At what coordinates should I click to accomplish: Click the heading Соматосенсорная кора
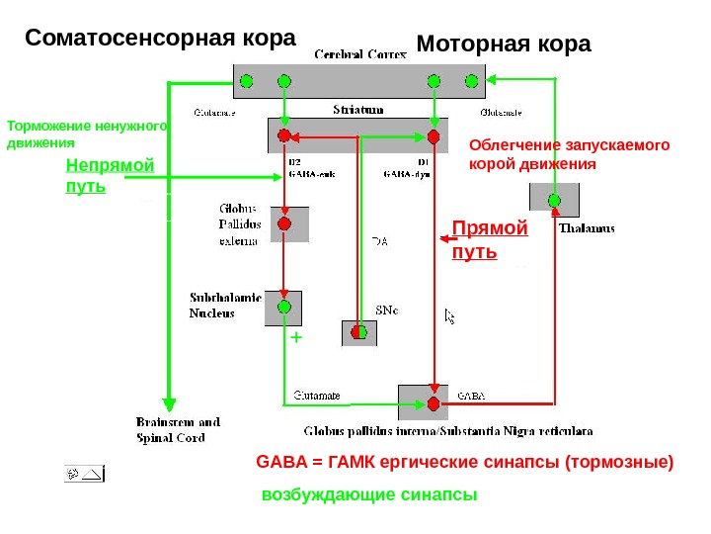tap(160, 39)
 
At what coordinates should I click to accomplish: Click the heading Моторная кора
tap(504, 44)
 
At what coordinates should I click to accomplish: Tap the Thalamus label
tap(587, 228)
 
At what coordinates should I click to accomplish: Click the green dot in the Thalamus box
tap(554, 201)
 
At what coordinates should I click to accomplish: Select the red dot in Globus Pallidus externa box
tap(284, 224)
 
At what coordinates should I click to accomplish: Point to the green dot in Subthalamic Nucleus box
tap(284, 308)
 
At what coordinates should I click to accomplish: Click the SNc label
tap(387, 310)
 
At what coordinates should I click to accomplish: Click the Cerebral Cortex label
tap(359, 55)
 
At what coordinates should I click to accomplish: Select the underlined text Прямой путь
tap(489, 240)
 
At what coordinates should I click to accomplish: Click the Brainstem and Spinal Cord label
tap(178, 430)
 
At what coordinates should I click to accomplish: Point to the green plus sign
tap(294, 338)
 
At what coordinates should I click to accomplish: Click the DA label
tap(380, 240)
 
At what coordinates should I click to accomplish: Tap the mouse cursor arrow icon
tap(450, 315)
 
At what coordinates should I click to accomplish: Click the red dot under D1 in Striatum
tap(433, 135)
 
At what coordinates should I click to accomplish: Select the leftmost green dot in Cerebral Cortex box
tap(247, 80)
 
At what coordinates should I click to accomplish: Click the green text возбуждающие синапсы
tap(368, 494)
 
